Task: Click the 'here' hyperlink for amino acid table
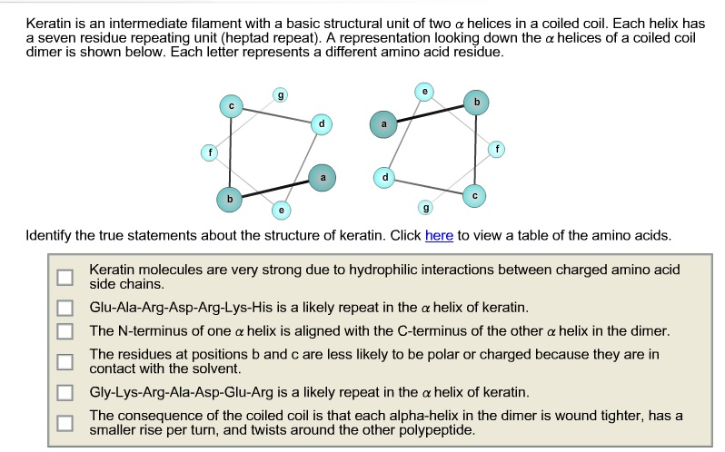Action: (x=439, y=235)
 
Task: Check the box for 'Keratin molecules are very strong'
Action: (x=64, y=277)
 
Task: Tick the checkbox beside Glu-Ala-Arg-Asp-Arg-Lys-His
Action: (x=64, y=307)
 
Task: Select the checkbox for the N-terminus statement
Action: (x=64, y=330)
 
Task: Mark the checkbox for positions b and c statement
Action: (x=64, y=361)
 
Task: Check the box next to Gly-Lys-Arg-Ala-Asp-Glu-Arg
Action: (x=64, y=393)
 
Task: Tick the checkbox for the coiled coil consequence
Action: (x=64, y=422)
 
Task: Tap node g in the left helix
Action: (x=280, y=94)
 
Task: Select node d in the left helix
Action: (x=320, y=123)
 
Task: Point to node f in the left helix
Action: (x=209, y=154)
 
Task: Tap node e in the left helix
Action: (x=281, y=210)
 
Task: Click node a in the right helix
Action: (x=383, y=124)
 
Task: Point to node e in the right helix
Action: (x=425, y=92)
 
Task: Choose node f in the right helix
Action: (x=496, y=147)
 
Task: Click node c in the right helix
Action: (x=475, y=194)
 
